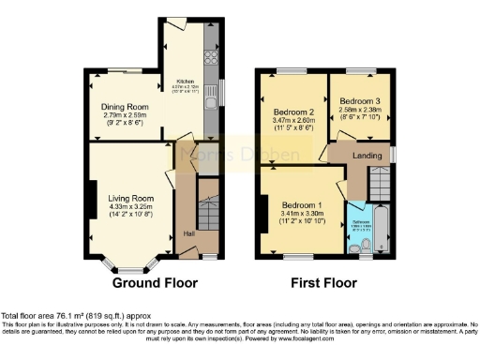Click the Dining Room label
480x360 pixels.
[126, 107]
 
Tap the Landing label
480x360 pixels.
[367, 155]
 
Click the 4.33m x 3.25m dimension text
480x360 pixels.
[129, 207]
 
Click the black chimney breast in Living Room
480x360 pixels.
[92, 202]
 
